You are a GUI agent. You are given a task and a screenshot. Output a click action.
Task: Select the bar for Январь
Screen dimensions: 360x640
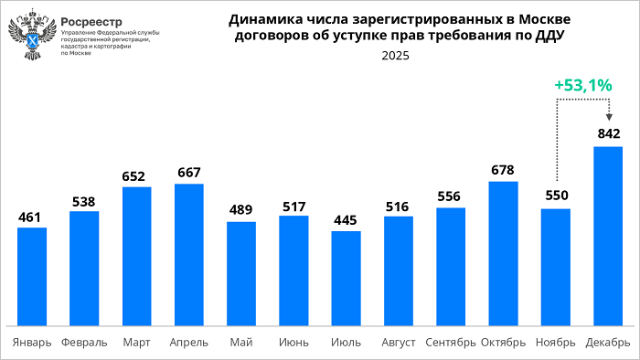pyautogui.click(x=32, y=276)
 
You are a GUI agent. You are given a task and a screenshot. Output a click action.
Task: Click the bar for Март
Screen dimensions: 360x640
pyautogui.click(x=136, y=256)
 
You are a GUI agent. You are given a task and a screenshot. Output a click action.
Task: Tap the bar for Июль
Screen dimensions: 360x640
pyautogui.click(x=346, y=278)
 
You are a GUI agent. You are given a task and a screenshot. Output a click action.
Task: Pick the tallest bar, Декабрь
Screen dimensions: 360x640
pyautogui.click(x=608, y=235)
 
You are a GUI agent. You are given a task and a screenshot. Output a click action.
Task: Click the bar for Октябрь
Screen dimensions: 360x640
pyautogui.click(x=503, y=253)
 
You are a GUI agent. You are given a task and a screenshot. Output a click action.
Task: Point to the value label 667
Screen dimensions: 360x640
pyautogui.click(x=189, y=173)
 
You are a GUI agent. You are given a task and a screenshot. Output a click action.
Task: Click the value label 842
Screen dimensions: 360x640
pyautogui.click(x=609, y=134)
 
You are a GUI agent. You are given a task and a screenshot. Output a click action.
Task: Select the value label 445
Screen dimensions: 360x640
pyautogui.click(x=346, y=219)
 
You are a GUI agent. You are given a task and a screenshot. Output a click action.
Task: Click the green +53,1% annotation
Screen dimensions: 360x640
pyautogui.click(x=582, y=85)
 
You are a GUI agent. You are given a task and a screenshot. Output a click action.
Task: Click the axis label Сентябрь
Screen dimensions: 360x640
pyautogui.click(x=451, y=343)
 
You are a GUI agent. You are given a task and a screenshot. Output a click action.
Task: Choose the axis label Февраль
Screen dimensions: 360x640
pyautogui.click(x=84, y=343)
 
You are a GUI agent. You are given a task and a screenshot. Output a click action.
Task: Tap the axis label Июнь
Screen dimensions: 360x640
pyautogui.click(x=293, y=343)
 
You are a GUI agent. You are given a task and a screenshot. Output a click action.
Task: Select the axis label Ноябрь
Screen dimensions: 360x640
pyautogui.click(x=556, y=343)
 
